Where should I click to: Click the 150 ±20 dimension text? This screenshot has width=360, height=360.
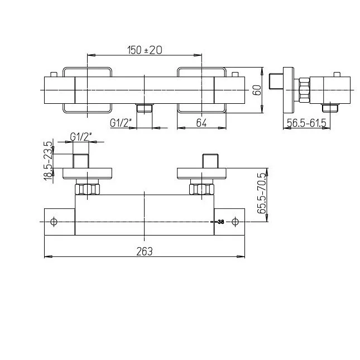pyautogui.click(x=145, y=50)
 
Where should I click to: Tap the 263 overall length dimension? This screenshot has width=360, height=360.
pyautogui.click(x=145, y=251)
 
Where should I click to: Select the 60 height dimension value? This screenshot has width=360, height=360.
pyautogui.click(x=257, y=90)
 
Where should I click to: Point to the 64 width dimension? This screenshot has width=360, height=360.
pyautogui.click(x=201, y=123)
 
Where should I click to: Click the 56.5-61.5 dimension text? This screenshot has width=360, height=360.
pyautogui.click(x=307, y=123)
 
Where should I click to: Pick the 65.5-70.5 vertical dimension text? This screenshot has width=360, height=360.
pyautogui.click(x=262, y=193)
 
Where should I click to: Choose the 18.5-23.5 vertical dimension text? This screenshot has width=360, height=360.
pyautogui.click(x=48, y=161)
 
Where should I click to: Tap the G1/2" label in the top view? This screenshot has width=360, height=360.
pyautogui.click(x=121, y=123)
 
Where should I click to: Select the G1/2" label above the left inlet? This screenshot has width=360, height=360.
pyautogui.click(x=81, y=137)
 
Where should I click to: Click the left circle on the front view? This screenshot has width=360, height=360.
pyautogui.click(x=54, y=222)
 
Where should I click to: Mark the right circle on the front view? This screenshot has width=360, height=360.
pyautogui.click(x=235, y=222)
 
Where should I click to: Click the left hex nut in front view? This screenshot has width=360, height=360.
pyautogui.click(x=88, y=189)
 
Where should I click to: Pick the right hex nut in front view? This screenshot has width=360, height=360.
pyautogui.click(x=201, y=189)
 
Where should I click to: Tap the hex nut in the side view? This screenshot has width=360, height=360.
pyautogui.click(x=304, y=90)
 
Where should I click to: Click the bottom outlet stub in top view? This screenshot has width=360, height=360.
pyautogui.click(x=144, y=108)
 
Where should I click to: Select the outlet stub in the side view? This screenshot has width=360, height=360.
pyautogui.click(x=330, y=108)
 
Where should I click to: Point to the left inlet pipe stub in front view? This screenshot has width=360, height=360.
pyautogui.click(x=81, y=161)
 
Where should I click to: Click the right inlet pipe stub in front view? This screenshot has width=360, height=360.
pyautogui.click(x=210, y=161)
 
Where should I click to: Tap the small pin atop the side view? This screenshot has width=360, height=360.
pyautogui.click(x=337, y=75)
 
